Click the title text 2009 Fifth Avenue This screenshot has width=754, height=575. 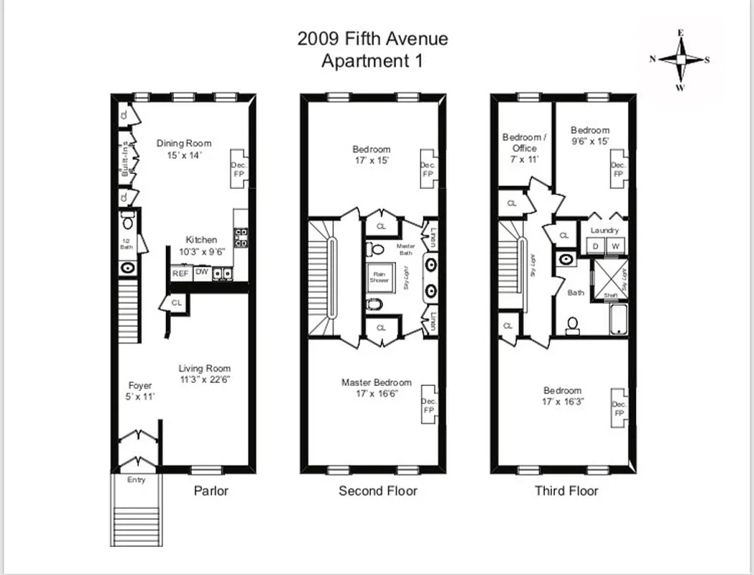tap(372, 38)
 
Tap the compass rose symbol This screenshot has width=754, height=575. tap(679, 60)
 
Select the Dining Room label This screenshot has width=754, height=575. tap(184, 144)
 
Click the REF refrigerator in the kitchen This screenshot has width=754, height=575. tap(180, 273)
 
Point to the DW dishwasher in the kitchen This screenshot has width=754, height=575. tap(202, 272)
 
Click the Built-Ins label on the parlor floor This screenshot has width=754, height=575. tap(125, 158)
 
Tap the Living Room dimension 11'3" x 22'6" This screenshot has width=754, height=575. tap(205, 379)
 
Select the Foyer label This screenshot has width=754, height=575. tap(140, 386)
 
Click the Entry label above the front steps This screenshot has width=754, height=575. tap(136, 479)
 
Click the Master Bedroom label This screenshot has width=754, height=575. tap(376, 382)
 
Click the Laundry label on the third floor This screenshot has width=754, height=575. tap(604, 230)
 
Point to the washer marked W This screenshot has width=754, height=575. tap(615, 246)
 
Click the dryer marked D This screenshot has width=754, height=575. tap(595, 246)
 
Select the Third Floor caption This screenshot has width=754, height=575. tap(566, 491)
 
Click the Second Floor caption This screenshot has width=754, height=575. tap(377, 491)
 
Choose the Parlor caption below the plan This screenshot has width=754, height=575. tap(211, 491)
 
